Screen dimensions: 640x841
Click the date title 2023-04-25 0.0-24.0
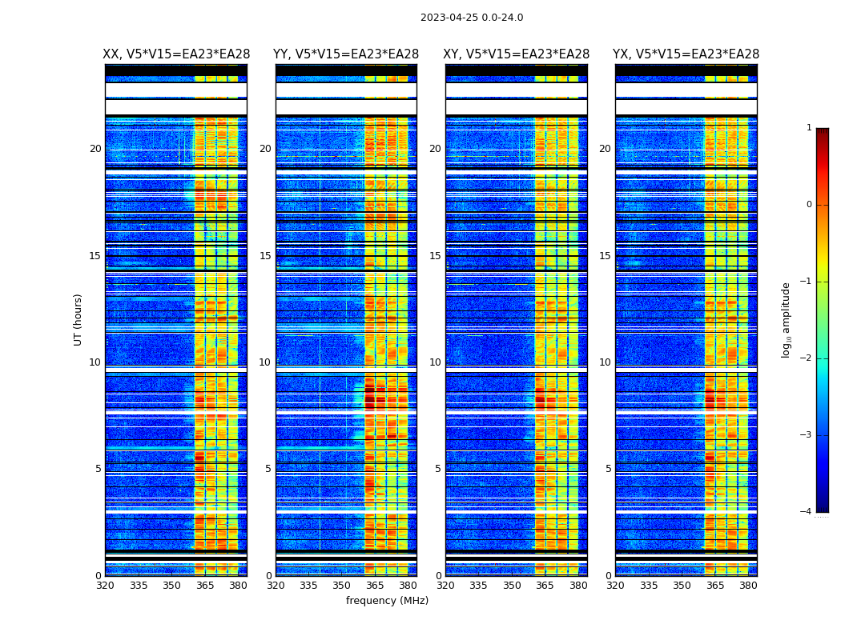coord(472,18)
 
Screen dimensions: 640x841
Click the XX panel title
coord(176,54)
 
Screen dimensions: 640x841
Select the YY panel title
coord(346,54)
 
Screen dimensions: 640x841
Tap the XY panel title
coord(517,54)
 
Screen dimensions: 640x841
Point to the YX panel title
coord(686,54)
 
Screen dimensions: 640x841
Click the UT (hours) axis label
coord(78,319)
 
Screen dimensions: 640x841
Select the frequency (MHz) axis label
coord(387,601)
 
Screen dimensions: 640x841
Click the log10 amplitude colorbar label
coord(787,319)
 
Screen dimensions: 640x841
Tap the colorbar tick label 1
coord(809,128)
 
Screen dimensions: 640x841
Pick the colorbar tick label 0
coord(809,205)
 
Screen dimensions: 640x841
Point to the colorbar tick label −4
coord(807,512)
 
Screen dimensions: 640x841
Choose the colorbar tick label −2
coord(807,358)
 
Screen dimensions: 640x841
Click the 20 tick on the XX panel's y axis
coord(95,149)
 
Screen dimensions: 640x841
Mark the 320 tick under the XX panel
coord(105,586)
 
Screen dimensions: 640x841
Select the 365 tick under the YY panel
coord(375,586)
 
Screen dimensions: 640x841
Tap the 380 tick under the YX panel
coord(748,586)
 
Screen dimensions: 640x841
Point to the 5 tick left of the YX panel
coord(609,469)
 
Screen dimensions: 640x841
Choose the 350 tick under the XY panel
coord(511,586)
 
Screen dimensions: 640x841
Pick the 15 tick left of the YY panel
coord(265,256)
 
